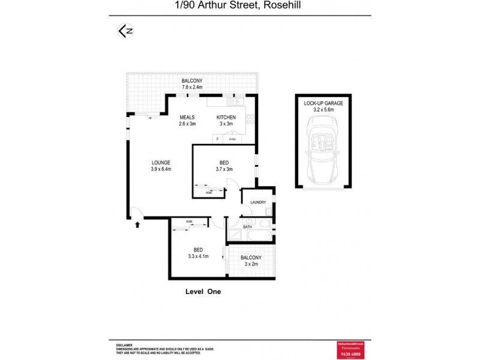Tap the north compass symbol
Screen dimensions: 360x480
tap(124, 31)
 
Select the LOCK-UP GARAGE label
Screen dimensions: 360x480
tap(323, 103)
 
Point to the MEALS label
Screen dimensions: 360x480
tap(188, 117)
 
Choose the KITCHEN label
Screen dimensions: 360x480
tap(226, 117)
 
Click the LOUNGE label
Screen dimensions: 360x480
tap(161, 162)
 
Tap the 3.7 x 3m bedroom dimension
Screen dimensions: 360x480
tap(224, 169)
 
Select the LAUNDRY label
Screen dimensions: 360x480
tap(258, 202)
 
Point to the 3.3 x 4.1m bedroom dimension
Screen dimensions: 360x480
tap(197, 256)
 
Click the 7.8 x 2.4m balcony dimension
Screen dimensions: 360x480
tap(192, 88)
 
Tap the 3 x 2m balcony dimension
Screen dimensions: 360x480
tap(251, 264)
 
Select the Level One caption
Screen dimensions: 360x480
tap(203, 292)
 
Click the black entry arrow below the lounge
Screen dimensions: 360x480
tap(138, 224)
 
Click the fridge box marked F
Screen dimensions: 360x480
tap(217, 139)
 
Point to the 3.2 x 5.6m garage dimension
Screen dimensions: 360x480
tap(323, 110)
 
